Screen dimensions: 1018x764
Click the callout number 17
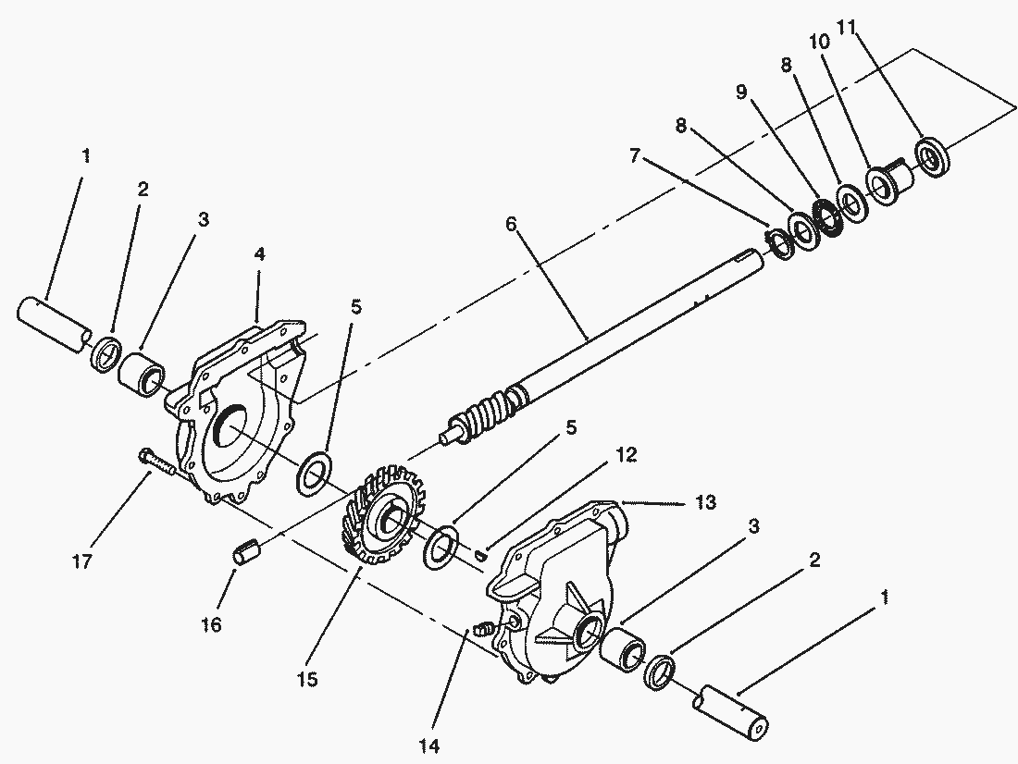coord(82,561)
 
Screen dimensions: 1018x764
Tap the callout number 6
coord(511,224)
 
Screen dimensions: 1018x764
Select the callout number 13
coord(705,501)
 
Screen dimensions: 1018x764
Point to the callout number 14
coord(429,746)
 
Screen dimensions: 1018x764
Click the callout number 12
coord(626,455)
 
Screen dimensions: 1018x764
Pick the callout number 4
coord(259,253)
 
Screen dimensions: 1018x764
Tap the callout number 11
coord(846,27)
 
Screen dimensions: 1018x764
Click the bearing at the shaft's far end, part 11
coord(934,156)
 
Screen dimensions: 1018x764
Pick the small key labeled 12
coord(480,554)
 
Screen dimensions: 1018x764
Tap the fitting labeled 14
coord(483,628)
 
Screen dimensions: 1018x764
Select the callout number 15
coord(308,680)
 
